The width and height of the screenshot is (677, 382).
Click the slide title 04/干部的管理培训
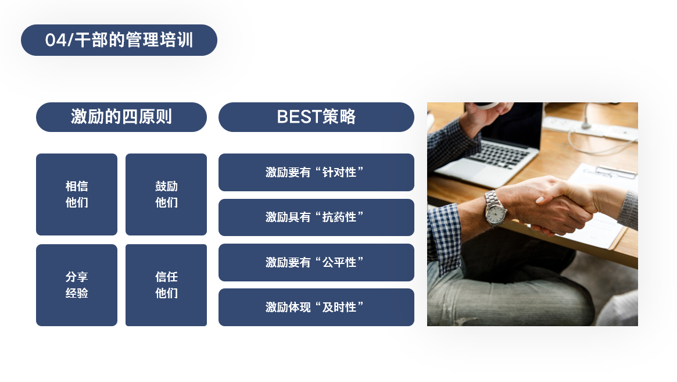[x=119, y=40]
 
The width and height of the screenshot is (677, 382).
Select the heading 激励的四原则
[x=121, y=117]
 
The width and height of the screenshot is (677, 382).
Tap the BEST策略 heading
[x=316, y=117]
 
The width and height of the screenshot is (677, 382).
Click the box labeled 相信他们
[x=77, y=194]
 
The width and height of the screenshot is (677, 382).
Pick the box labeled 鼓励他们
[x=166, y=194]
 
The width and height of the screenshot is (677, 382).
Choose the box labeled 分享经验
[x=77, y=285]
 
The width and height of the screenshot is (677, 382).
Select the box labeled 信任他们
[x=166, y=285]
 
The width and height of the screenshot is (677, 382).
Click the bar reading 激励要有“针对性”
[x=316, y=173]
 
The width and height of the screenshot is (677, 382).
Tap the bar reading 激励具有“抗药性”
[x=316, y=217]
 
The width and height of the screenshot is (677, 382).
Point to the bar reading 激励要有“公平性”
[x=316, y=262]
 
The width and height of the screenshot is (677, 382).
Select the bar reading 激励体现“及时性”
[x=316, y=307]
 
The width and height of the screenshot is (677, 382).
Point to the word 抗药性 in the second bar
[x=339, y=217]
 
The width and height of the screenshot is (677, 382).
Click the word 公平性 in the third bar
[x=339, y=262]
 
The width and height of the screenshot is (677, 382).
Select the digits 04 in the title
[x=56, y=40]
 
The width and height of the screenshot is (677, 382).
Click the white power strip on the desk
[x=590, y=127]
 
